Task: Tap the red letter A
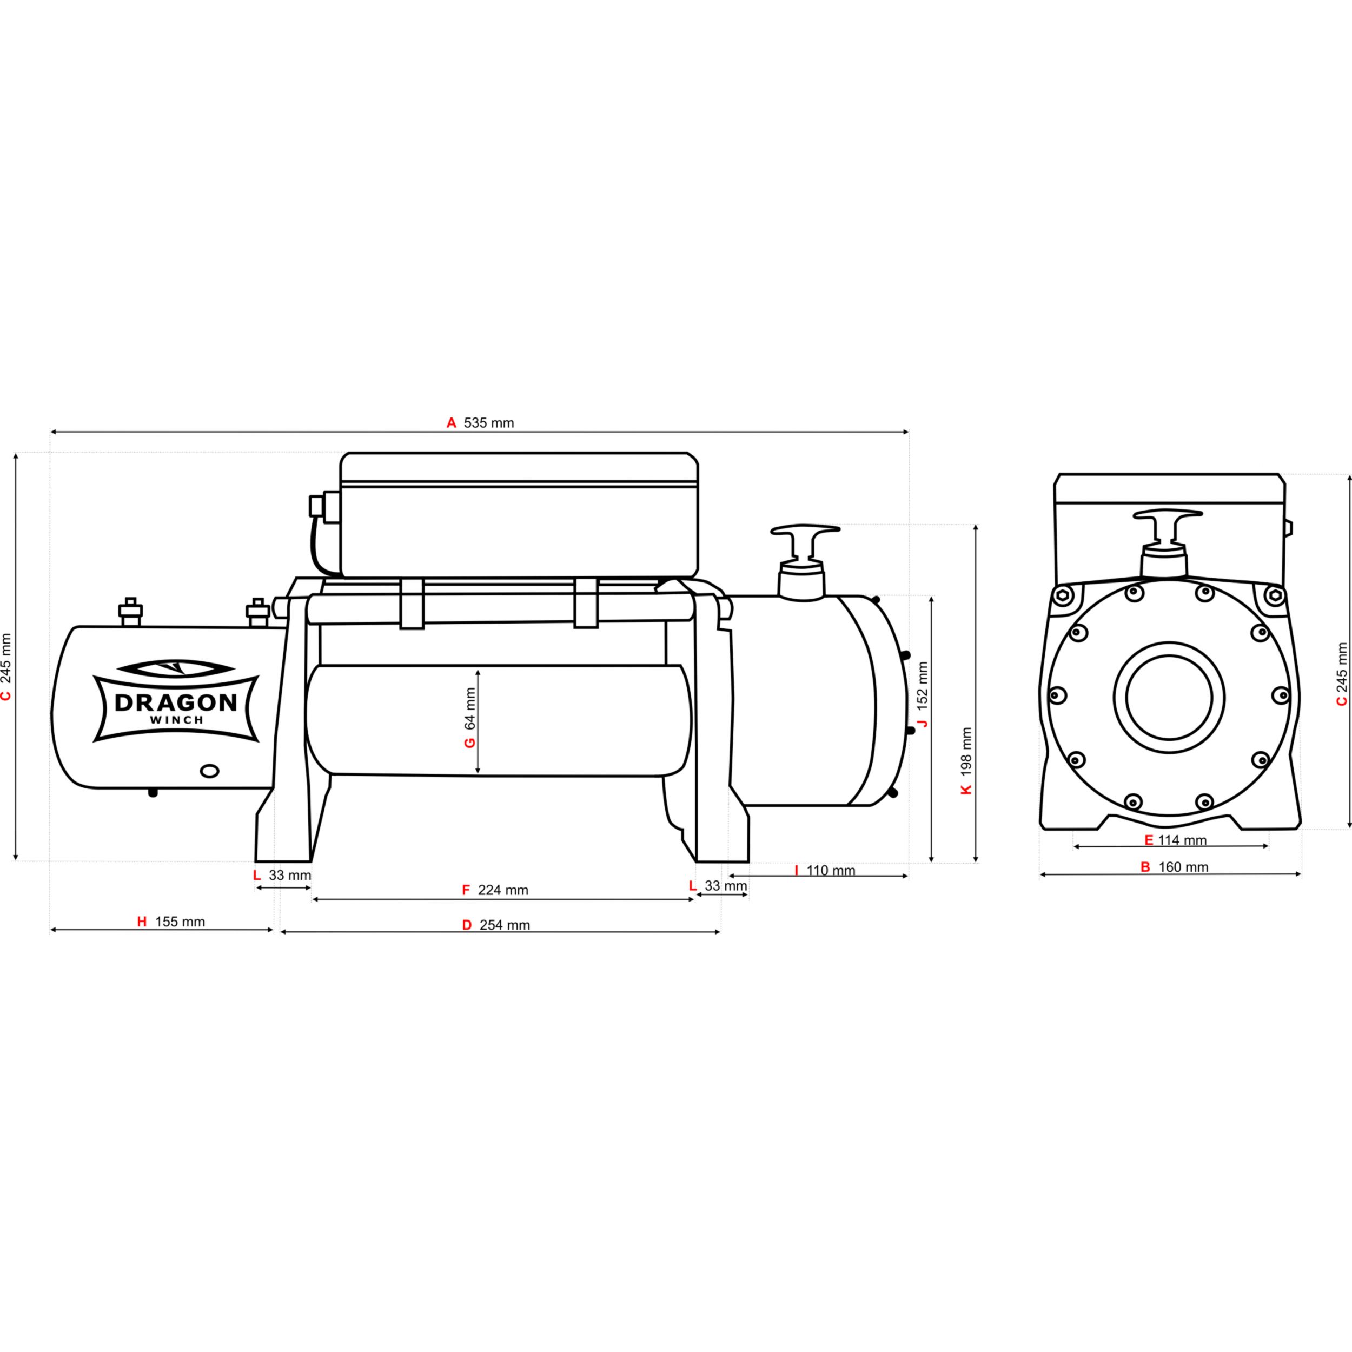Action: (x=452, y=423)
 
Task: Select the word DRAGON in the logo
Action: (x=176, y=702)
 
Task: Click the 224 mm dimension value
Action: (x=503, y=890)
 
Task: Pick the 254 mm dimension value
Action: (x=505, y=925)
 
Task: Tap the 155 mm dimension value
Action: (x=180, y=922)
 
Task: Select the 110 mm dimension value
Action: (x=831, y=871)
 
